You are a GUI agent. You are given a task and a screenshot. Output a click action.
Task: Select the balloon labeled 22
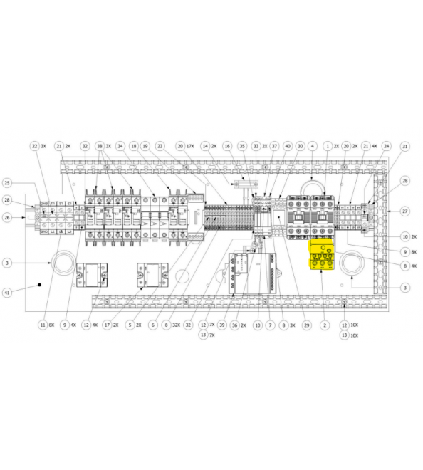click(34, 146)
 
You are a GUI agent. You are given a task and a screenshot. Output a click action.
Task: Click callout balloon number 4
click(312, 146)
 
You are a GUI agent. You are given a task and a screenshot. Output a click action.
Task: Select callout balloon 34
click(120, 146)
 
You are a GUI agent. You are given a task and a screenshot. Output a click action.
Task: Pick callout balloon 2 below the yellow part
click(324, 325)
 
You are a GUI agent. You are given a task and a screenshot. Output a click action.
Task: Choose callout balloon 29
click(305, 325)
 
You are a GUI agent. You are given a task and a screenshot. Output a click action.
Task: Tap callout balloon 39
click(223, 325)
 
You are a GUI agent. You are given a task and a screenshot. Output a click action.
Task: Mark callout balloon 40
click(288, 146)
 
